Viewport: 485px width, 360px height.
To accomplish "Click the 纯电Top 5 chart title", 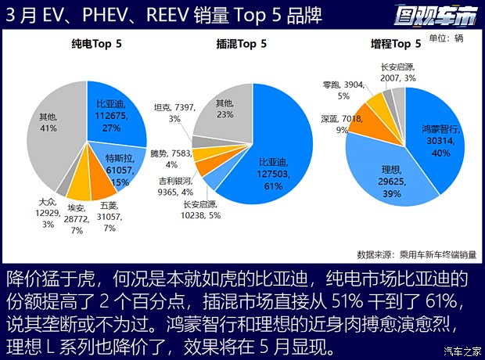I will point(95,45).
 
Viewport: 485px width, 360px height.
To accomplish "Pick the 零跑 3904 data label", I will point(343,89).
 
